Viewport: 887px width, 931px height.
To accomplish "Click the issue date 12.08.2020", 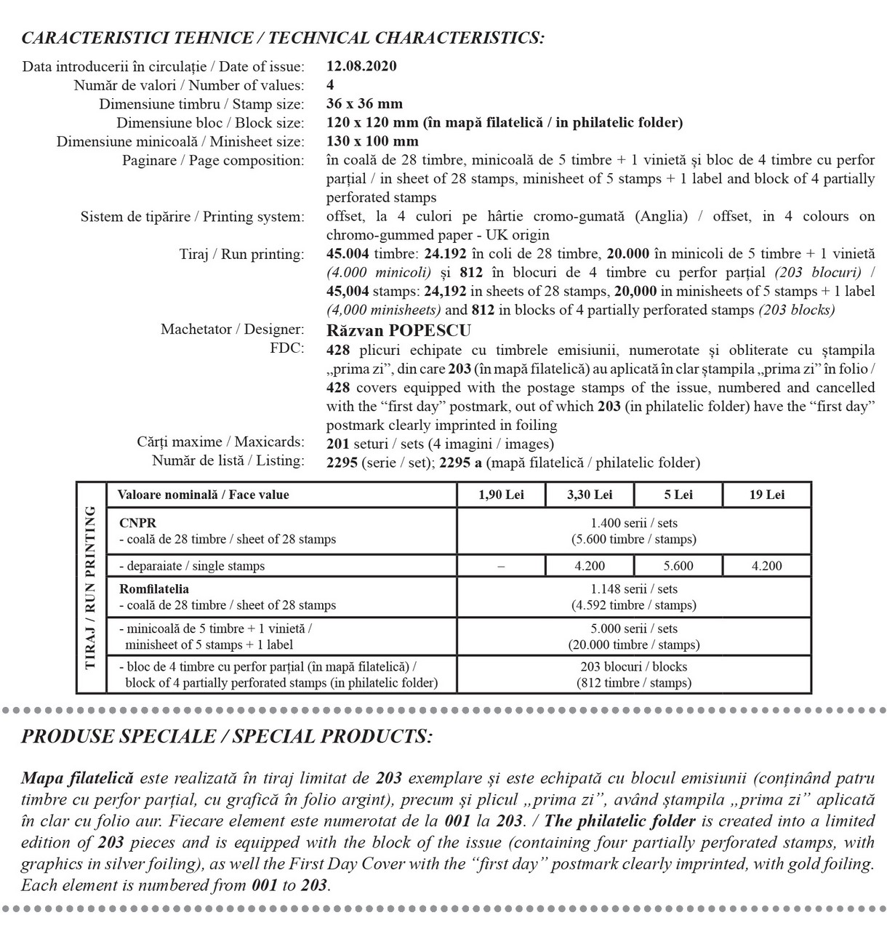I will pos(361,66).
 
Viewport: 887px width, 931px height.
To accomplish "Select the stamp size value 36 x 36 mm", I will pos(364,104).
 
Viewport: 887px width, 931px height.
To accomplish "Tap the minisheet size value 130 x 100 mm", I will pos(372,141).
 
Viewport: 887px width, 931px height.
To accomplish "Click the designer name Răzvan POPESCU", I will pos(398,330).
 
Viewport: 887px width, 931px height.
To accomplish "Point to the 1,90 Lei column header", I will pos(501,495).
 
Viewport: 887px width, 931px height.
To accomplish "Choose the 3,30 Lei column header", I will pos(590,495).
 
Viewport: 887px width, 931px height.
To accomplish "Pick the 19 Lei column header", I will pos(766,495).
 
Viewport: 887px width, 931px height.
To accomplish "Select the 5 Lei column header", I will pos(678,495).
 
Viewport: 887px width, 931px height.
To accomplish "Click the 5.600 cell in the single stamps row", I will pos(678,566).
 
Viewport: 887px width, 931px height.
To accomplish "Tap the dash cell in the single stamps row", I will pos(501,566).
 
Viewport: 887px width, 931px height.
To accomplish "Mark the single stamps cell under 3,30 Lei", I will pos(590,566).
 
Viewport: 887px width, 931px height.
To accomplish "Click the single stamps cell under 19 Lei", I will pos(766,566).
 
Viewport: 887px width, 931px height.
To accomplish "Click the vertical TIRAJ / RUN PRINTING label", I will pos(91,587).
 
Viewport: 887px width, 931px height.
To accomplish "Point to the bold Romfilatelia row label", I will pos(153,589).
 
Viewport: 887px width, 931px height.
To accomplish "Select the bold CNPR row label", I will pos(137,523).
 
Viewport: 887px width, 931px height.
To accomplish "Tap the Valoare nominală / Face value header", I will pos(203,495).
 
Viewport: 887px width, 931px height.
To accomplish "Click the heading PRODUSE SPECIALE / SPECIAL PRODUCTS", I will pos(227,736).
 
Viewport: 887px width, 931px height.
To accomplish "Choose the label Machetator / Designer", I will pos(232,330).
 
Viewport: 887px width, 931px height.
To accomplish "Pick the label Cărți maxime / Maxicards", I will pos(220,442).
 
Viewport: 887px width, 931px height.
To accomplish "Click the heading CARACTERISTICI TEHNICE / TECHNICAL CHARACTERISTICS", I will pos(283,38).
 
